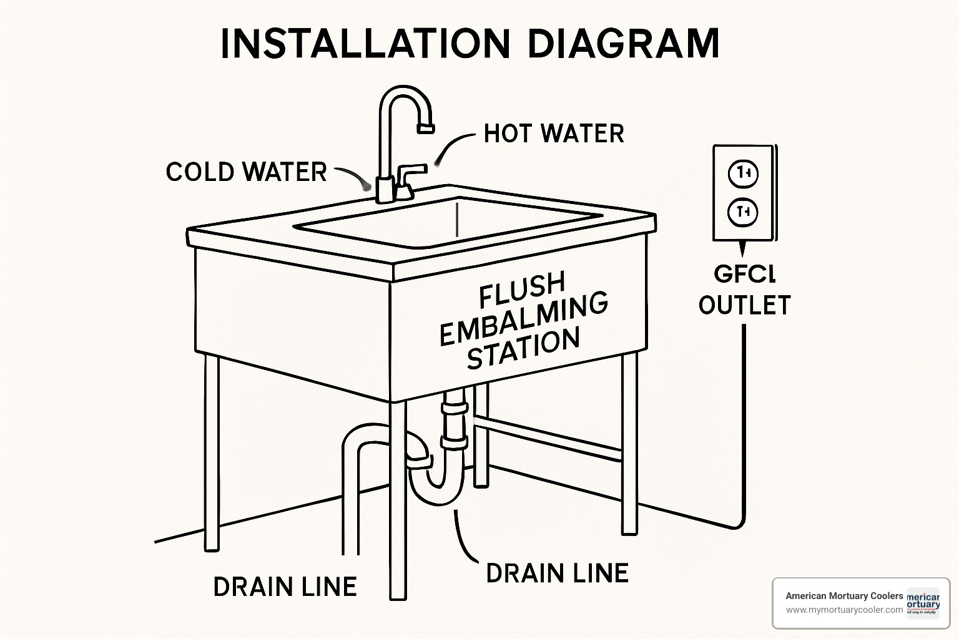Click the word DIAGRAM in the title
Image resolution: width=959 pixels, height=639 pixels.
622,44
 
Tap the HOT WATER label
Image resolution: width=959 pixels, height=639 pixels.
554,134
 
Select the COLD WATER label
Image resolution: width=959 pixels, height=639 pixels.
246,172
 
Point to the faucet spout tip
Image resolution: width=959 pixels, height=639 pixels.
425,128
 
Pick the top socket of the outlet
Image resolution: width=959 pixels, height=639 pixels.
743,173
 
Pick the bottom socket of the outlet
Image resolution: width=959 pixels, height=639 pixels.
743,213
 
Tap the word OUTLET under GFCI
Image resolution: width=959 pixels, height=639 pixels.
744,305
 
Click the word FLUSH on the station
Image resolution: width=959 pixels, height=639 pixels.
522,289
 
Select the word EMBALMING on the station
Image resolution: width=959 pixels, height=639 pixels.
523,318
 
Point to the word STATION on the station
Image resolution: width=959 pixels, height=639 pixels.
523,349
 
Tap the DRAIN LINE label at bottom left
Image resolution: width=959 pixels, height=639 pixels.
285,587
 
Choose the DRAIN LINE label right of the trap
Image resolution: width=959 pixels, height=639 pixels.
557,573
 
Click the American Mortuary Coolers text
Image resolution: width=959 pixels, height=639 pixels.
844,596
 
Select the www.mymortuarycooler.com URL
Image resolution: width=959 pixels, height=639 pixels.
844,610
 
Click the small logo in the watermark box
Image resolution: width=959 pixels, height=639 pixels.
923,603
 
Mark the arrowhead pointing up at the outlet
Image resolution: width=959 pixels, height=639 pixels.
742,250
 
